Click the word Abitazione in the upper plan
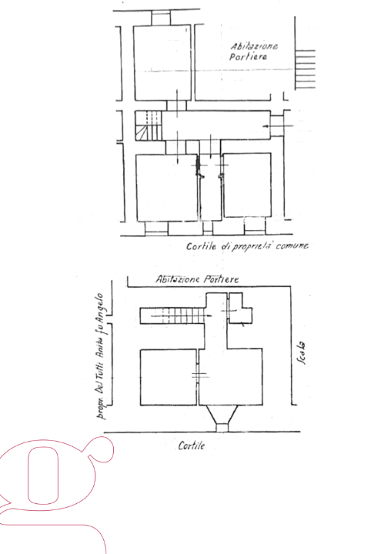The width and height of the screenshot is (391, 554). click(254, 46)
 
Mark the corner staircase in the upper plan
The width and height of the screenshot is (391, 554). click(149, 125)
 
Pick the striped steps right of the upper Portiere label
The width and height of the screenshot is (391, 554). click(306, 68)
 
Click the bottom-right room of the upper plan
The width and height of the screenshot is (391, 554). click(246, 185)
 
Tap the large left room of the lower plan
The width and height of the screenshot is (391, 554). click(168, 376)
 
